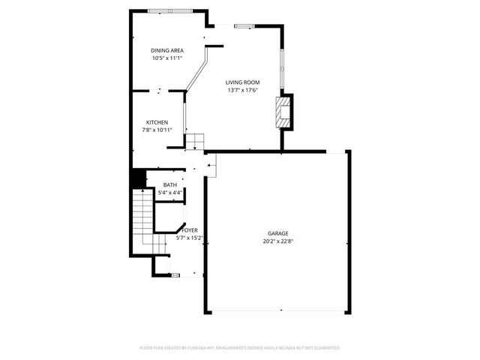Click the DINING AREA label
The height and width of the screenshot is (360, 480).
167,50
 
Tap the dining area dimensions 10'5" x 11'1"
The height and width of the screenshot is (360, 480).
167,58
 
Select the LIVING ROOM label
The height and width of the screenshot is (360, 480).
242,82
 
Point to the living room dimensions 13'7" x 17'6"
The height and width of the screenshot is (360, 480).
242,90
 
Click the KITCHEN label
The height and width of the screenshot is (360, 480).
157,122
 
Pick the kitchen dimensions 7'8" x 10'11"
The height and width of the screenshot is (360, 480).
157,130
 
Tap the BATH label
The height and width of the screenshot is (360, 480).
169,184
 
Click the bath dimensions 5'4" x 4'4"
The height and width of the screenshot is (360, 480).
169,193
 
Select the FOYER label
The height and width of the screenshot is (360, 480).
189,230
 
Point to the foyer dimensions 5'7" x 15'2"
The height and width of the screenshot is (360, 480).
189,238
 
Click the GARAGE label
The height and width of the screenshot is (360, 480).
277,233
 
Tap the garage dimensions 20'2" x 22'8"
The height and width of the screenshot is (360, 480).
277,241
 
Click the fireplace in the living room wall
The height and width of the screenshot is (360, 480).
283,111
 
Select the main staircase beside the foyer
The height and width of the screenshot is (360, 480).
141,214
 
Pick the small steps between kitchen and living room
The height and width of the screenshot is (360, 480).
194,140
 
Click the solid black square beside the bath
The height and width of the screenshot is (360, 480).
138,179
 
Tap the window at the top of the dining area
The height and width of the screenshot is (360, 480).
169,10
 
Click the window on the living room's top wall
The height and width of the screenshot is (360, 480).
244,27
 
